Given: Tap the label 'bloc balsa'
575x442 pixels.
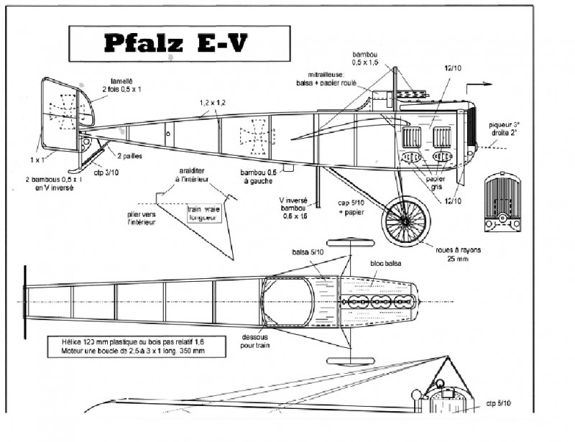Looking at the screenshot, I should pos(387,264).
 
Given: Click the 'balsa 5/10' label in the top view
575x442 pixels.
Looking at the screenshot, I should pos(308,252).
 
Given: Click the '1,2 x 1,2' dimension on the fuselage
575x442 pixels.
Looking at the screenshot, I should pos(213,103).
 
